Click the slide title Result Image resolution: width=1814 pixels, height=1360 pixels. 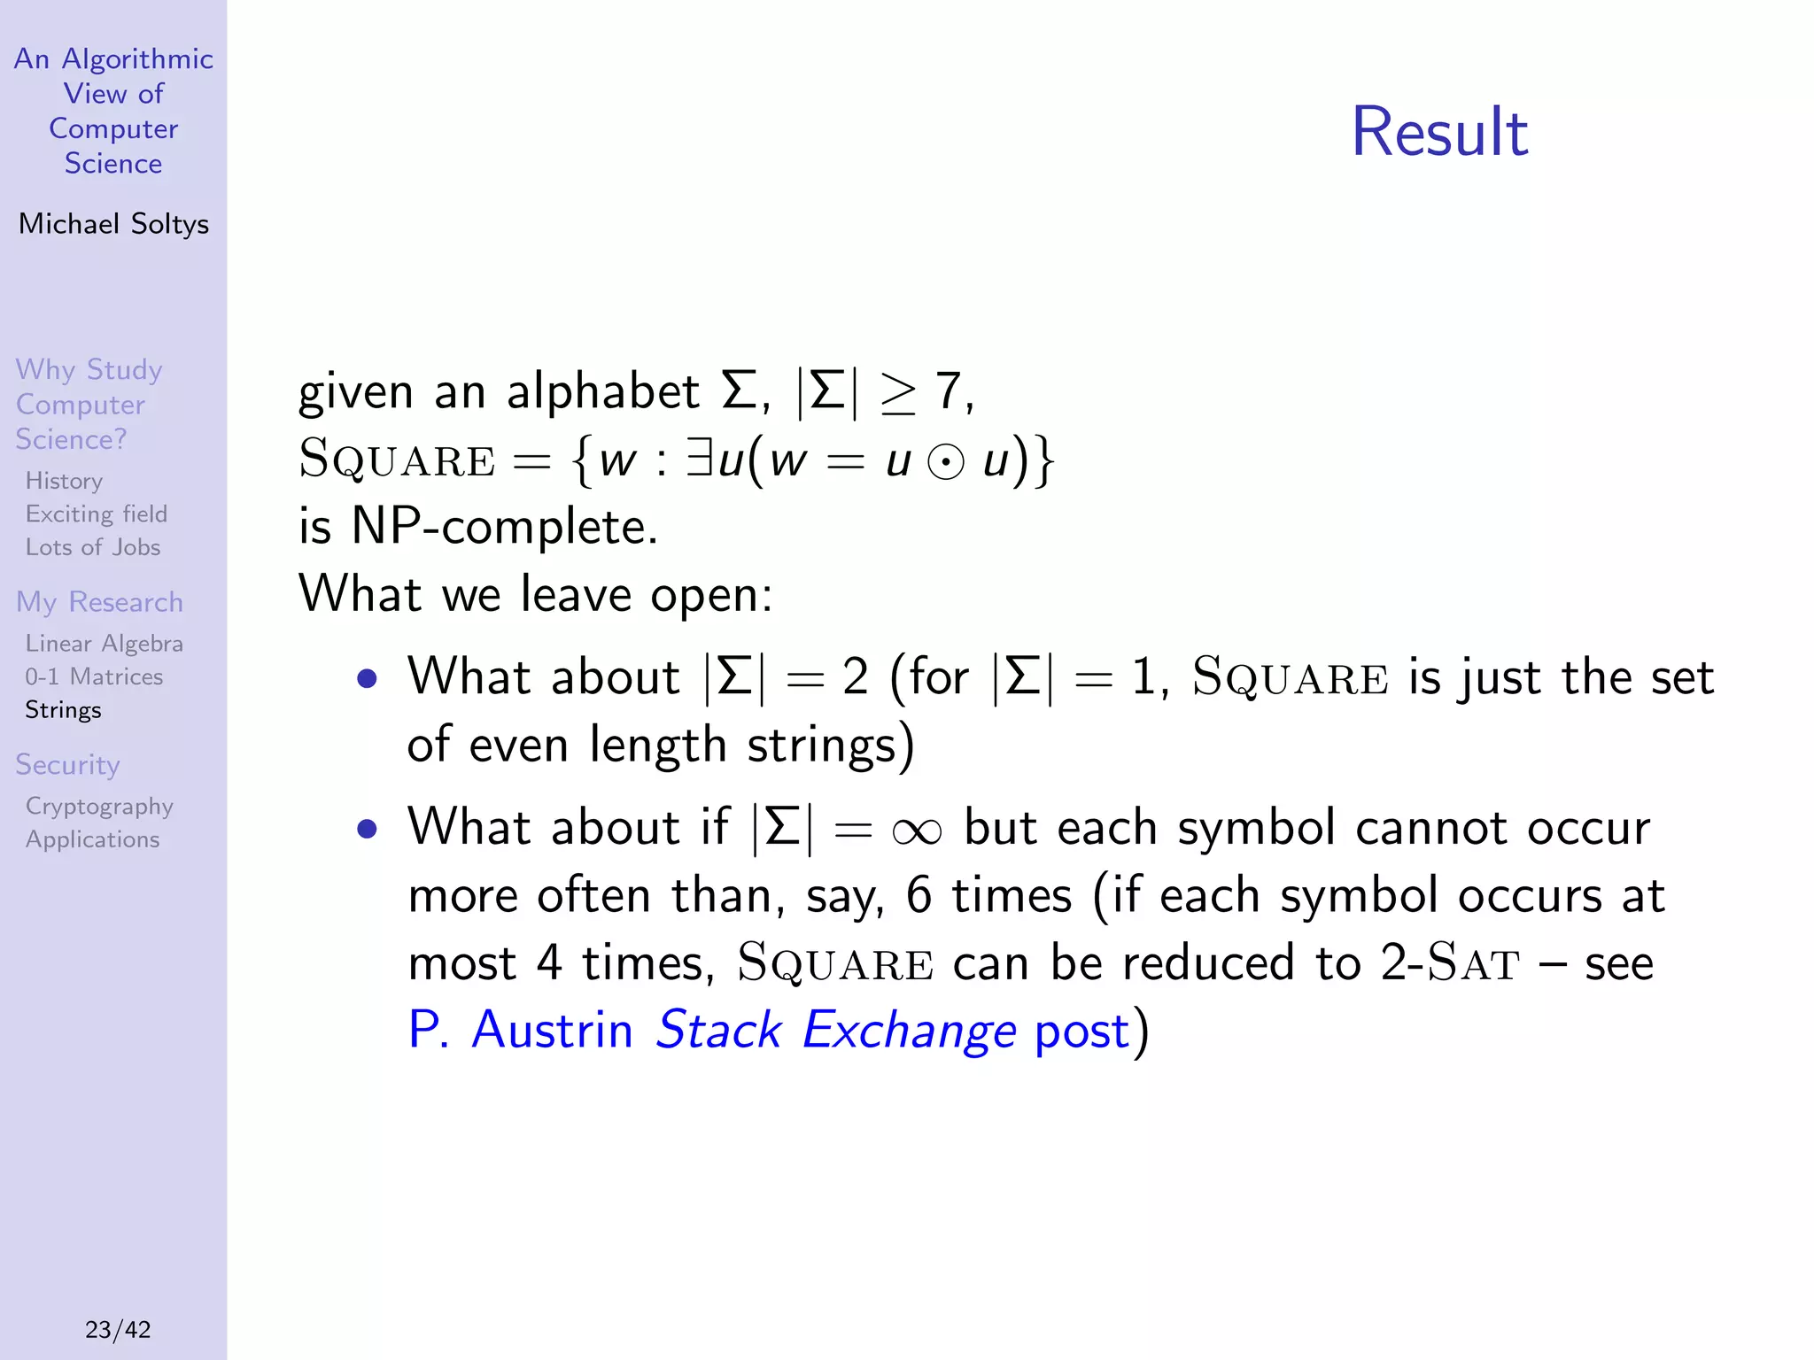coord(1439,133)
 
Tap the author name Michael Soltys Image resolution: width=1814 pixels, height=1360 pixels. coord(113,224)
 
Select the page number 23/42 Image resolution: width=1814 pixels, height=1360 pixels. coord(118,1329)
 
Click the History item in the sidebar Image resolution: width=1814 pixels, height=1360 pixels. coord(64,481)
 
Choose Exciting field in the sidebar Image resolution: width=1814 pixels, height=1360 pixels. coord(96,514)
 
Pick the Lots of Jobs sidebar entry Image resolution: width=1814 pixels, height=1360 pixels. coord(93,547)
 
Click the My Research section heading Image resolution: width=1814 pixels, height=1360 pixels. coord(99,602)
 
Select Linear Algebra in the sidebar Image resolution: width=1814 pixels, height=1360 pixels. coord(104,644)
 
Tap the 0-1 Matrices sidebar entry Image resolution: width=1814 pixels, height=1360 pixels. coord(94,676)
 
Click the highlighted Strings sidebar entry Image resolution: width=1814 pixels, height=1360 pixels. coord(63,710)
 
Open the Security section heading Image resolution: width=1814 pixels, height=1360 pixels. coord(67,765)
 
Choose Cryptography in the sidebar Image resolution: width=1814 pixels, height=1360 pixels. coord(99,807)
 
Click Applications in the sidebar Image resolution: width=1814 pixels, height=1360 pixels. coord(92,839)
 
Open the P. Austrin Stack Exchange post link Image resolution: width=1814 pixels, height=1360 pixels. coord(769,1030)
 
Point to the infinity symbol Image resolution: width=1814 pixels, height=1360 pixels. coord(917,831)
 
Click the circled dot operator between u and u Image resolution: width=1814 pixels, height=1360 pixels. coord(946,462)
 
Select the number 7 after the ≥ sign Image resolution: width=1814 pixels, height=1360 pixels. coord(949,391)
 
